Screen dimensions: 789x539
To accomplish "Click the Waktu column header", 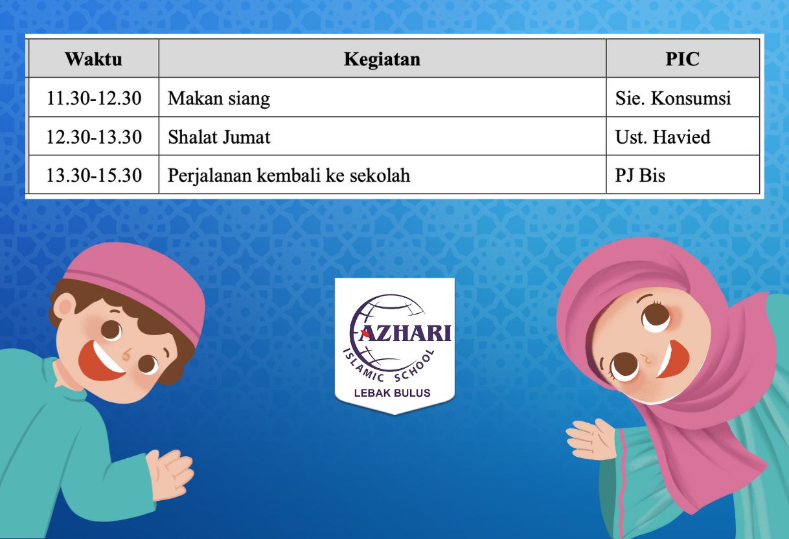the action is point(94,59).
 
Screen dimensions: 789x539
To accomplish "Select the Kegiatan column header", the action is point(382,59).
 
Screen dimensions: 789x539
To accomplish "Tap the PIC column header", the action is point(682,59).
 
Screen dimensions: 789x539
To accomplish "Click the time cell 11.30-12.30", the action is point(94,98).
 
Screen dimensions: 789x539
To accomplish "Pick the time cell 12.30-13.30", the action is point(94,137).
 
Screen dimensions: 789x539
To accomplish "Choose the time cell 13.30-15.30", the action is point(94,175).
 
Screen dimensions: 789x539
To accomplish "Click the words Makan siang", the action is point(219,98).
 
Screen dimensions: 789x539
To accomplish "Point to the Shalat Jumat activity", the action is point(219,137).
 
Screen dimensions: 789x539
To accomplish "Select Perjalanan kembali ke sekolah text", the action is point(289,175).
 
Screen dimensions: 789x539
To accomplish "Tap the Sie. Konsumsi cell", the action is point(673,98).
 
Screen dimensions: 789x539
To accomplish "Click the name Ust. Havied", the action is point(663,137).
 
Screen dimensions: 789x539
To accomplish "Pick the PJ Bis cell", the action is point(640,175).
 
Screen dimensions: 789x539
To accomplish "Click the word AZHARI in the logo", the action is point(405,333).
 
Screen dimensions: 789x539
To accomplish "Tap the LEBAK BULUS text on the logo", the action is point(392,393).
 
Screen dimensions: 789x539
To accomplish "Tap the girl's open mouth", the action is point(670,360).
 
